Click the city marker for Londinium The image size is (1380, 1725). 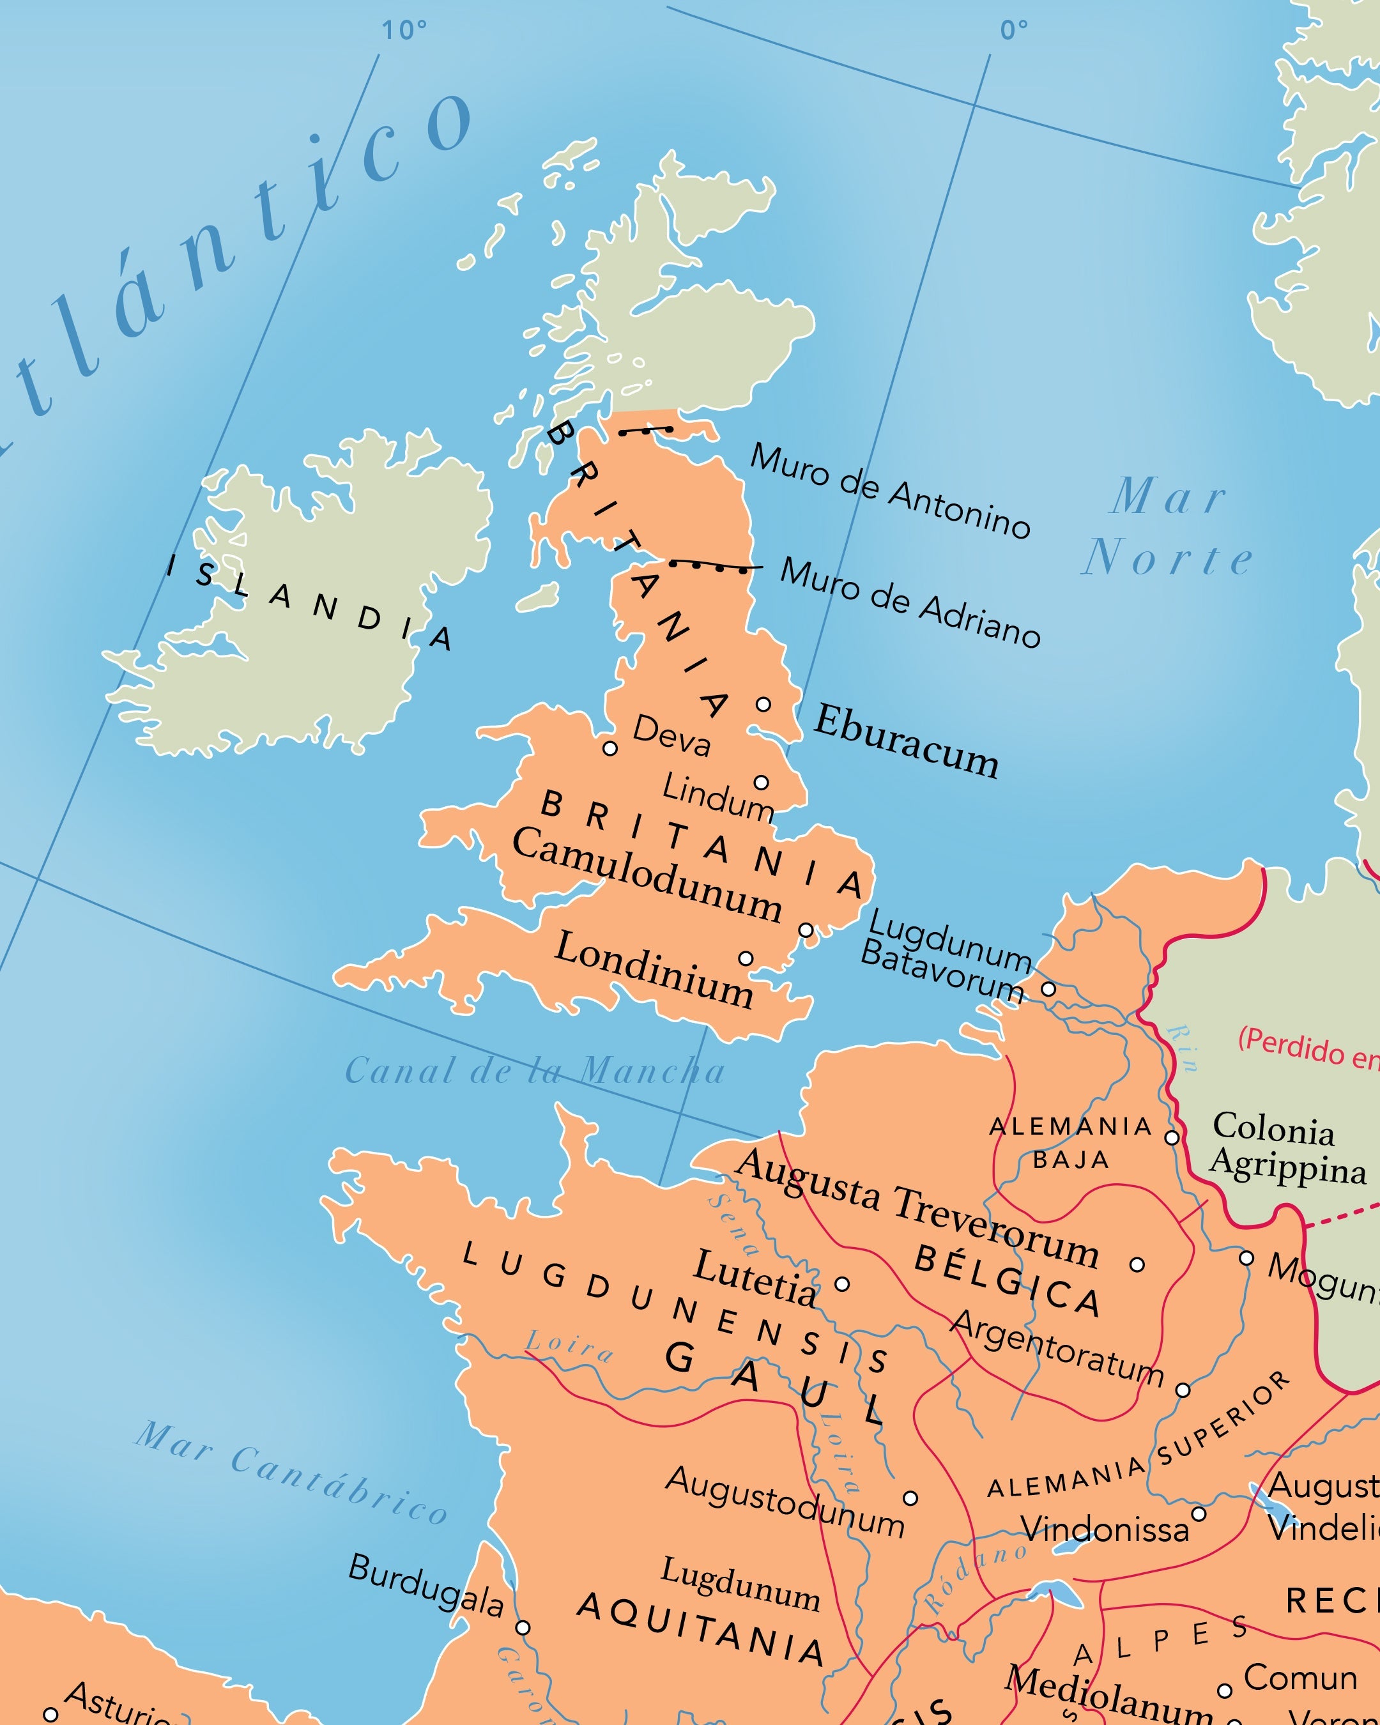click(746, 958)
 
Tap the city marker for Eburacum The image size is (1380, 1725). click(763, 704)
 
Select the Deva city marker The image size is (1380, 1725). click(609, 749)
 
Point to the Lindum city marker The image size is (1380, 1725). click(762, 782)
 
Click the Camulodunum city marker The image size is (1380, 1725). click(806, 930)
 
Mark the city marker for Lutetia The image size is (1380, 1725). click(841, 1284)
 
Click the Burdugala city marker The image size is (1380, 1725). click(523, 1627)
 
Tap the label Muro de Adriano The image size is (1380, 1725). click(910, 602)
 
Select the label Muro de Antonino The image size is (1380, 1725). click(889, 491)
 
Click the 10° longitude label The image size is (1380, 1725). click(404, 31)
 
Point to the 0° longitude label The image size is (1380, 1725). click(1014, 31)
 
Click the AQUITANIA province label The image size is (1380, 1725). click(701, 1627)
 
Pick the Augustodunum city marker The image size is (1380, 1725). click(910, 1498)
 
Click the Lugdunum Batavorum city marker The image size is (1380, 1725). click(1048, 989)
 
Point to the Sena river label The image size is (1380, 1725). click(733, 1224)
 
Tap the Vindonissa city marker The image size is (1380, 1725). click(1199, 1514)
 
